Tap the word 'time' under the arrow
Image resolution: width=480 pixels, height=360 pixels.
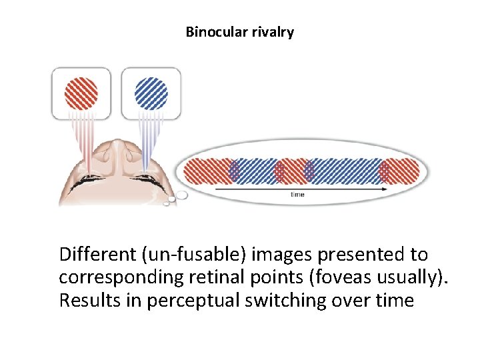[298, 195]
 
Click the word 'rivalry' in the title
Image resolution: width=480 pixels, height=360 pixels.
[272, 31]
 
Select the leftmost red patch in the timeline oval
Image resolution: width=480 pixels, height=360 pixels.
[207, 171]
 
